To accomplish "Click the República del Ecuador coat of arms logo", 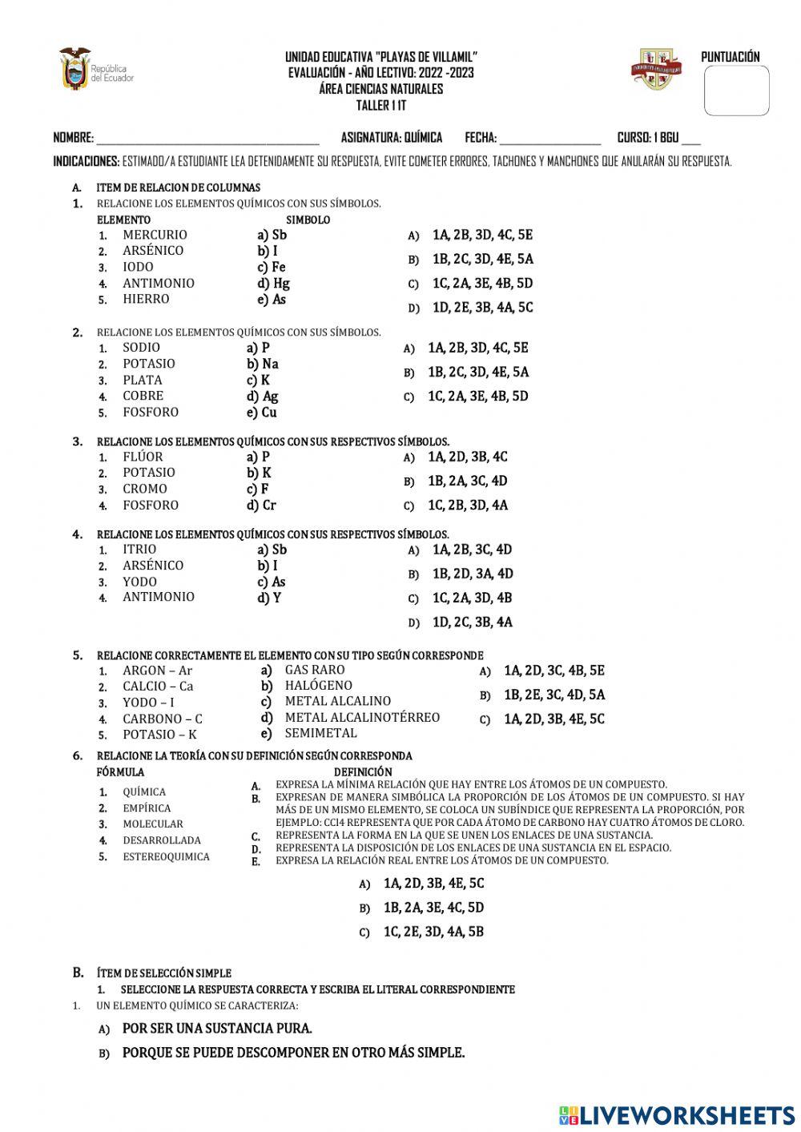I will pyautogui.click(x=74, y=69).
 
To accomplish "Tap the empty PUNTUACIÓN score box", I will pyautogui.click(x=736, y=91).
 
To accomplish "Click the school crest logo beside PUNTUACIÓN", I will pyautogui.click(x=656, y=69).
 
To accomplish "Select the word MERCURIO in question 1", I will pyautogui.click(x=155, y=235).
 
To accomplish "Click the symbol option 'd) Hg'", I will pyautogui.click(x=273, y=283).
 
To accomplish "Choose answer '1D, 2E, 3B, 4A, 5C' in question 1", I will pyautogui.click(x=482, y=308).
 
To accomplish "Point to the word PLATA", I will pyautogui.click(x=142, y=380).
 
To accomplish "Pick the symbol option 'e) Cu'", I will pyautogui.click(x=262, y=413).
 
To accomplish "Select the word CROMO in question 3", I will pyautogui.click(x=145, y=489).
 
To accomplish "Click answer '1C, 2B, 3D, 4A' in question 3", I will pyautogui.click(x=467, y=506).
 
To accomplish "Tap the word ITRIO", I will pyautogui.click(x=139, y=550).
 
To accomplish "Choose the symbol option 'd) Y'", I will pyautogui.click(x=269, y=598).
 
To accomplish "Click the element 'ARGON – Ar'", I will pyautogui.click(x=157, y=671).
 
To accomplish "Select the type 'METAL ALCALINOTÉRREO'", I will pyautogui.click(x=362, y=718).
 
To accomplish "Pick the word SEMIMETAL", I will pyautogui.click(x=320, y=733).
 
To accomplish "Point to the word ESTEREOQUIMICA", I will pyautogui.click(x=166, y=856).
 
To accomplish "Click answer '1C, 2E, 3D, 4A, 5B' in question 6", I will pyautogui.click(x=433, y=932).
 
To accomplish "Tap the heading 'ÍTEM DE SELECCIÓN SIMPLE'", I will pyautogui.click(x=163, y=973).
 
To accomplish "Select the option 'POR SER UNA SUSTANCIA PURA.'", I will pyautogui.click(x=217, y=1029).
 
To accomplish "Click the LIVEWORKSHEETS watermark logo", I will pyautogui.click(x=677, y=1115).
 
